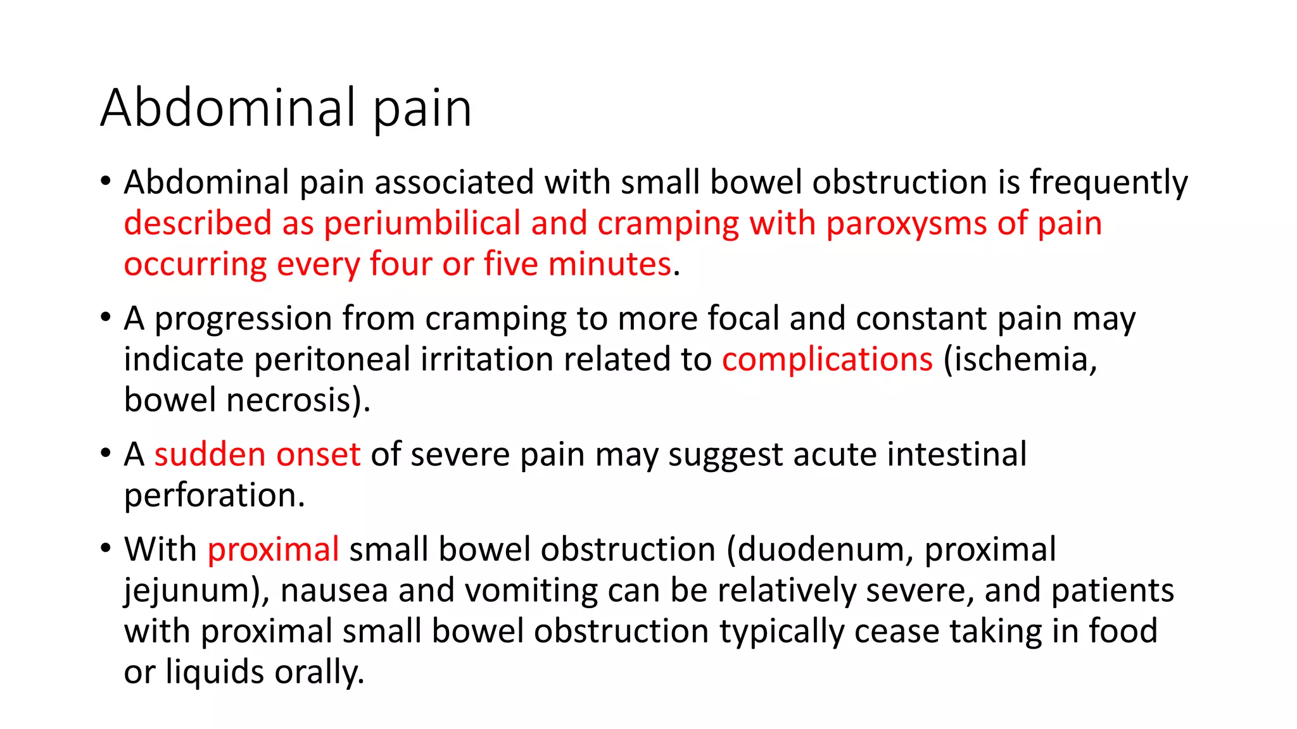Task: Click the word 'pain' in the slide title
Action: coord(422,109)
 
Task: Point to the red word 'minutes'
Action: coord(609,265)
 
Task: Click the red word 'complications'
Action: coord(827,359)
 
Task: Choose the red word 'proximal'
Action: coord(273,549)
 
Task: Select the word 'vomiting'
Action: coord(531,590)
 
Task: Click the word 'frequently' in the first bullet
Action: coord(1108,183)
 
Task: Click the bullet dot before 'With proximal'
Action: coord(106,548)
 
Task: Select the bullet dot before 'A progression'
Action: coord(106,317)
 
